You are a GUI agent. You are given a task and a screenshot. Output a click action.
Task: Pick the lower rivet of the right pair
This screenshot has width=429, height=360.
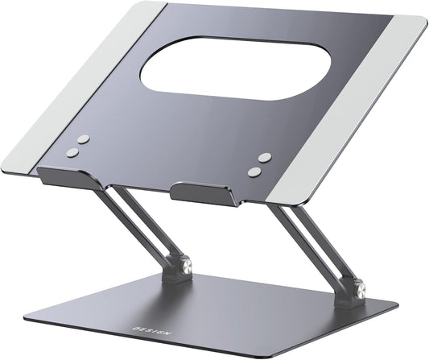pyautogui.click(x=255, y=171)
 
